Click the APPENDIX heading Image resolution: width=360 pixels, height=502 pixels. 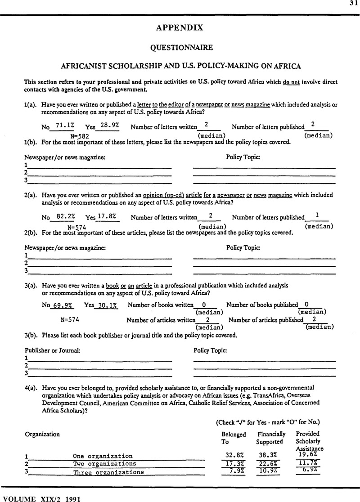pos(180,28)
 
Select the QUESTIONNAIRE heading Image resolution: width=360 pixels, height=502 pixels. pos(180,47)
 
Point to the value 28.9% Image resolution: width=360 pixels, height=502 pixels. pos(110,126)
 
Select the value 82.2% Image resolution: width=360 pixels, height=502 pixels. pos(60,216)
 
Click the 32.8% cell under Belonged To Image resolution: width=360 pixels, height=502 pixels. pos(234,455)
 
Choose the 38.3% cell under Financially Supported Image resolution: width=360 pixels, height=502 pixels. pos(269,455)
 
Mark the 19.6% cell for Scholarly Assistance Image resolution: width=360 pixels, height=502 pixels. pos(308,454)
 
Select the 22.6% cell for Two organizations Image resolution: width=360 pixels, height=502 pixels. pos(269,464)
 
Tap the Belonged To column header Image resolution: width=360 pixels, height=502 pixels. pos(234,438)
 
